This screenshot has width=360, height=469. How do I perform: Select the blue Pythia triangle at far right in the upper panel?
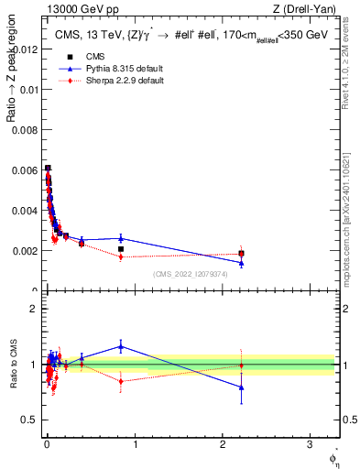(x=241, y=263)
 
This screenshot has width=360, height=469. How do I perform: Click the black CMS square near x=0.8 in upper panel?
(x=121, y=249)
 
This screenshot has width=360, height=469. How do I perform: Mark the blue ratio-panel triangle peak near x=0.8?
(x=121, y=346)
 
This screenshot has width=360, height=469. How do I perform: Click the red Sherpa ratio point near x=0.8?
(x=121, y=381)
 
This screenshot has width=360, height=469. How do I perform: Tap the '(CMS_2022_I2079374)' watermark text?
(x=191, y=274)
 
